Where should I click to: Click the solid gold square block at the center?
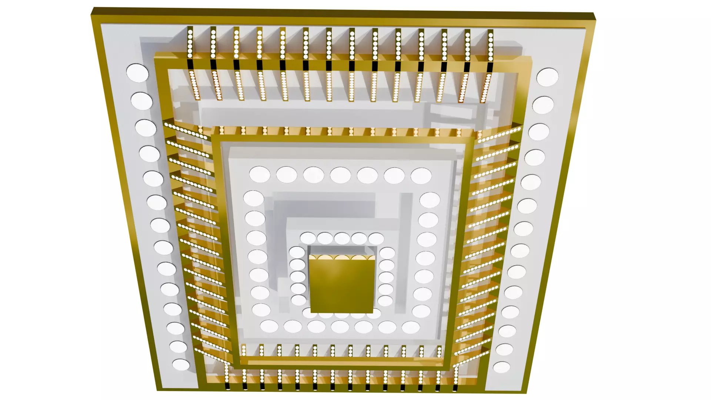[341, 285]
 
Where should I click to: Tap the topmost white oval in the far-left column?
[137, 73]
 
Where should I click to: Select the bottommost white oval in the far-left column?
[181, 365]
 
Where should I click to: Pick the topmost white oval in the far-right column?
[547, 77]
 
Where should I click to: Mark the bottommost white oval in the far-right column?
[501, 367]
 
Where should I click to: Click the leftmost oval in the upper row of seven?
[260, 174]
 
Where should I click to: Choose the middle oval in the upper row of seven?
[340, 175]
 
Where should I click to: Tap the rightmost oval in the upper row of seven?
[421, 176]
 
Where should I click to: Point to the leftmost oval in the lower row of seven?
[269, 326]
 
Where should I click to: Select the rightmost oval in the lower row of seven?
[411, 327]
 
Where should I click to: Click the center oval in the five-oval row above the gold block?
[342, 238]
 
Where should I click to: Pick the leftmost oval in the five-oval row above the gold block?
[308, 238]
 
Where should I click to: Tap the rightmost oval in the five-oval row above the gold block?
[376, 239]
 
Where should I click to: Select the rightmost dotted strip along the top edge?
[490, 47]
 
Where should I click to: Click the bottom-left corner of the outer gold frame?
[158, 390]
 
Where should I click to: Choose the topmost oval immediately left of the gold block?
[297, 252]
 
